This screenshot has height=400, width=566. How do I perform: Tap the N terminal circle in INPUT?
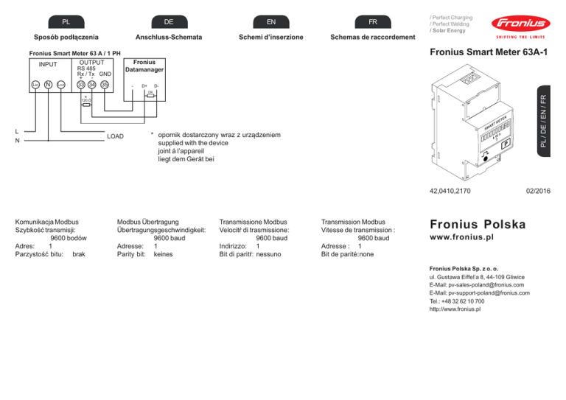tap(47, 85)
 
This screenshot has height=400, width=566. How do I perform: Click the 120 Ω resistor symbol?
tap(87, 105)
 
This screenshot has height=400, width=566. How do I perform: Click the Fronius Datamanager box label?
tap(144, 66)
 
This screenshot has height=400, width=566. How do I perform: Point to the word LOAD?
tap(116, 136)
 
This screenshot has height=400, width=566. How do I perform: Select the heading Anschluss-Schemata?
tap(170, 38)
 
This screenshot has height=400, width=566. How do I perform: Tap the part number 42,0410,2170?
tap(450, 191)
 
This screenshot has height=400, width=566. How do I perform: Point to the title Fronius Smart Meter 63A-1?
tap(489, 55)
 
